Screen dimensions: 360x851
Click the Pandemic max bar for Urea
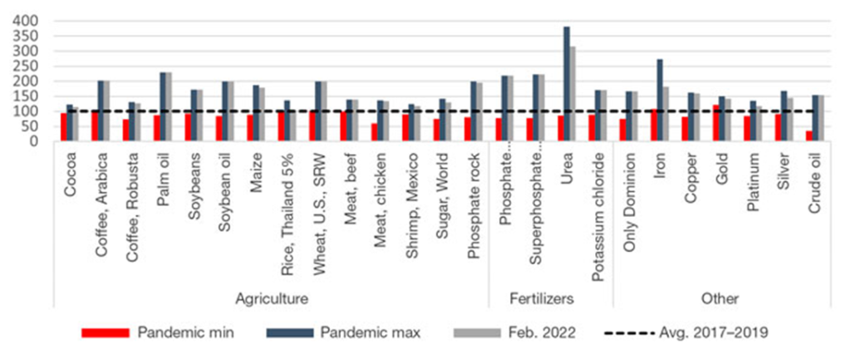click(x=567, y=84)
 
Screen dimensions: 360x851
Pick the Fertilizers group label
click(x=550, y=298)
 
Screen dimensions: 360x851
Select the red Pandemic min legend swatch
click(x=105, y=333)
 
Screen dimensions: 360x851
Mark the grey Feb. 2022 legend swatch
click(x=480, y=333)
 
